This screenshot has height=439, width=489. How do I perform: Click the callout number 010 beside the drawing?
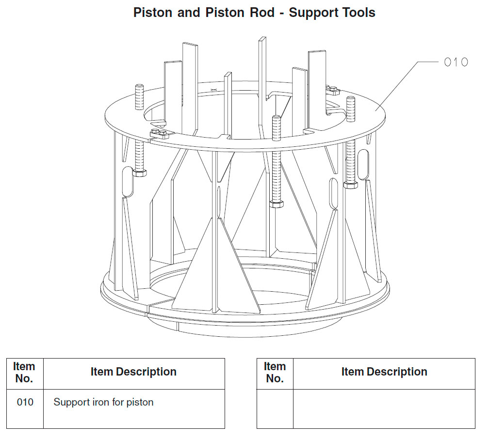click(x=456, y=62)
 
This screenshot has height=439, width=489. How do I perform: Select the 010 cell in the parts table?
click(x=25, y=402)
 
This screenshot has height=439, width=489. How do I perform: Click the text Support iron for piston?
click(x=103, y=402)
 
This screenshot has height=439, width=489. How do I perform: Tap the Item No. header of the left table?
click(x=24, y=373)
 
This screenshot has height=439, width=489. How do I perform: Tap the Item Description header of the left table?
click(x=133, y=372)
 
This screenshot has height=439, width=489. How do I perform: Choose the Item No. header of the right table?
click(x=275, y=373)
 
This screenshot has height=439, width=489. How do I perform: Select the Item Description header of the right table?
click(x=384, y=372)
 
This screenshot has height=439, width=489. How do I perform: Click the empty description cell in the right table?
click(x=384, y=408)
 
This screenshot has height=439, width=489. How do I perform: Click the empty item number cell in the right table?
click(x=275, y=408)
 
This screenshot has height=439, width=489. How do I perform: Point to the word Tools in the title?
click(x=357, y=13)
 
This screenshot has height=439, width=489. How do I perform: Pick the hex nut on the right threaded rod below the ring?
click(x=350, y=185)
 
